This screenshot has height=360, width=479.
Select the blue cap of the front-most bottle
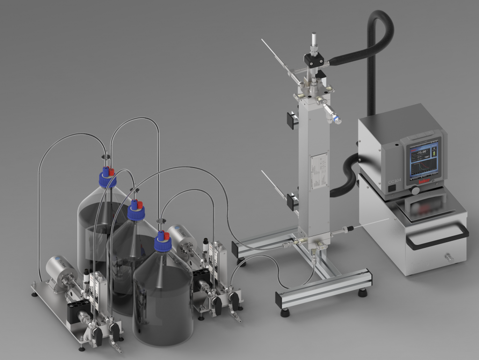click(162, 244)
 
